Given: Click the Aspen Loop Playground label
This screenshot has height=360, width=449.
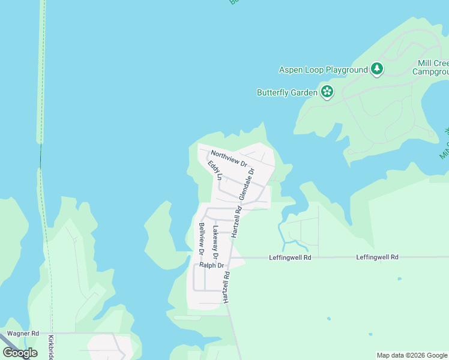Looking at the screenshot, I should point(323,70).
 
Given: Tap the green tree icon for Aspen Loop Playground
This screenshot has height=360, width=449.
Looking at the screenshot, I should point(376,69).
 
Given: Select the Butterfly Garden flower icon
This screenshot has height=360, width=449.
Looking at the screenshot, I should point(327,92).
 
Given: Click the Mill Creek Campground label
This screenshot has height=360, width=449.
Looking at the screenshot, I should point(430,67).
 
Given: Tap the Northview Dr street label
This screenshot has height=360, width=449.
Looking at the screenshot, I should point(229,158).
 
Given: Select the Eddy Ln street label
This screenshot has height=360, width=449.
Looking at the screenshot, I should point(215,170).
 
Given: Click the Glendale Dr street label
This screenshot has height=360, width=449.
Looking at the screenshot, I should point(247,184).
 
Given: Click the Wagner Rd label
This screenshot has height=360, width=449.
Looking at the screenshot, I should point(23,333).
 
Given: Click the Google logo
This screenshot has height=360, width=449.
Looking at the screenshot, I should point(20,353).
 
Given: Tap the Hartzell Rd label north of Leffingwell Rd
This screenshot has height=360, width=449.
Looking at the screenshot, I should point(237,221).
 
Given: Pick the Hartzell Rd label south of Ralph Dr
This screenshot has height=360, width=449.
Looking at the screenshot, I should point(226,287).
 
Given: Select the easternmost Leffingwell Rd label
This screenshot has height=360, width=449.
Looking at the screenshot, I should point(377,257).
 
